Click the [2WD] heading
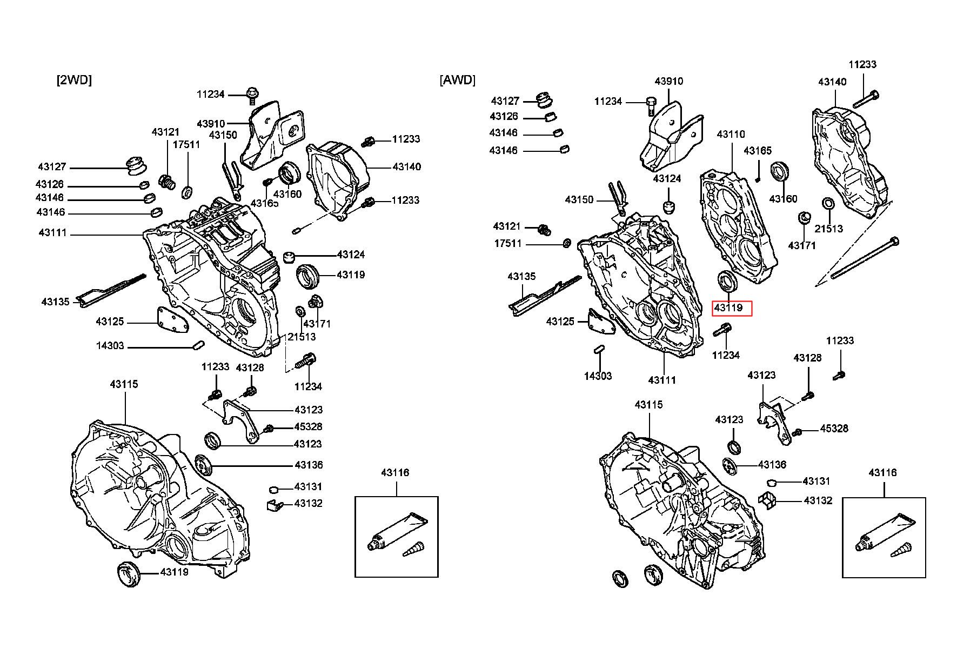[74, 80]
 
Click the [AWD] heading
[458, 80]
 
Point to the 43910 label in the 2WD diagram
[211, 124]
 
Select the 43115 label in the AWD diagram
[649, 404]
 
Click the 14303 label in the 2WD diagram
[110, 346]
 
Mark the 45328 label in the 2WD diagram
[308, 427]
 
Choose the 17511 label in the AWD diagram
[508, 244]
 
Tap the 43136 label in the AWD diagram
[772, 465]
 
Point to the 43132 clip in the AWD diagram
[767, 500]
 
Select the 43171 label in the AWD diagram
[802, 245]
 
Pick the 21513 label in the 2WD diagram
[302, 337]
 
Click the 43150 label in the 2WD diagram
[223, 135]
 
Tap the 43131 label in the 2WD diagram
[308, 487]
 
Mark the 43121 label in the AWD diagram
[507, 226]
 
